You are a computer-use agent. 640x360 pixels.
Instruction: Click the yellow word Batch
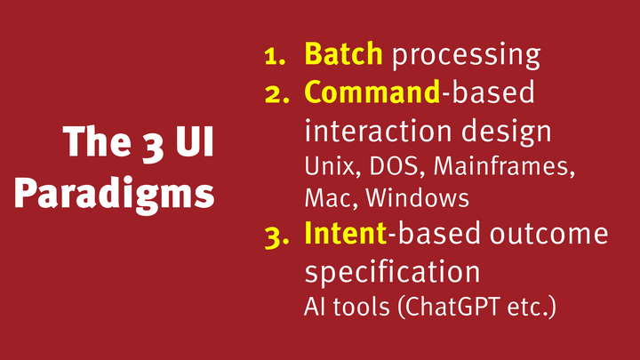[343, 54]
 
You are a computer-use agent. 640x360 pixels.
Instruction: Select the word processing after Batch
[466, 56]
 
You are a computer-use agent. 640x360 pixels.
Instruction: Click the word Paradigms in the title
[116, 193]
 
